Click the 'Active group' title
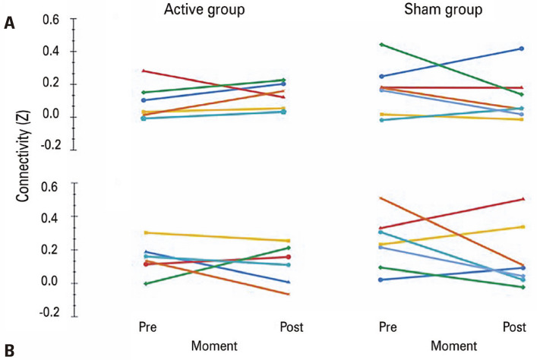click(x=204, y=10)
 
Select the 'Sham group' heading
click(x=443, y=10)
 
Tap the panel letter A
click(x=10, y=24)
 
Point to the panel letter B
click(x=10, y=351)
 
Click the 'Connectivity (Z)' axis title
click(x=23, y=156)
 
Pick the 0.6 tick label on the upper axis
click(x=51, y=20)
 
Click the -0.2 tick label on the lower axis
click(x=50, y=312)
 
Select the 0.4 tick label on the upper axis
click(x=51, y=52)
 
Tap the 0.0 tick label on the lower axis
click(x=50, y=282)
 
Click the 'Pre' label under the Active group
click(x=147, y=327)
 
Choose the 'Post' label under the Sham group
click(x=514, y=327)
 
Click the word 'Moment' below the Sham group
click(x=453, y=346)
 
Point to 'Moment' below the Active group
click(x=214, y=346)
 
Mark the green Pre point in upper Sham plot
click(x=381, y=45)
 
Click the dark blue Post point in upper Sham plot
click(x=522, y=49)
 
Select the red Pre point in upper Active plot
click(x=144, y=71)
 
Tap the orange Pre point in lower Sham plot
click(x=381, y=198)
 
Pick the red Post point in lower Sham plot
click(x=523, y=199)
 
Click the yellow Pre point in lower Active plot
click(x=146, y=233)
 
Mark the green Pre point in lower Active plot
click(x=146, y=283)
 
